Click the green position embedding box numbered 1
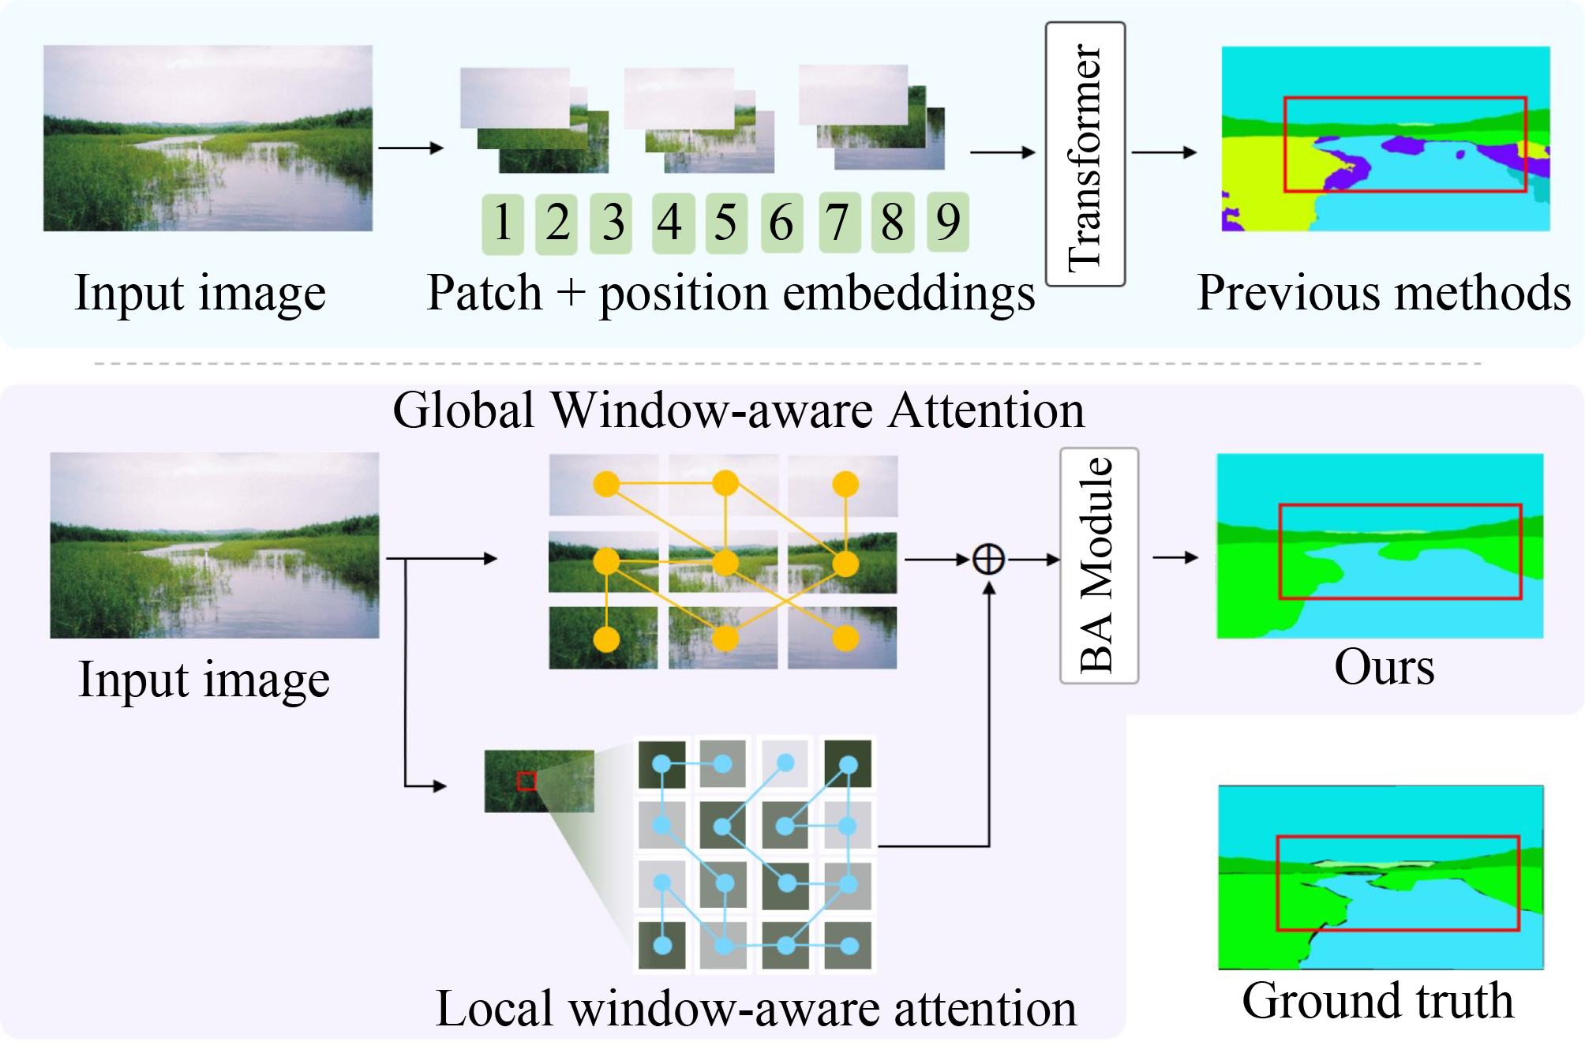pyautogui.click(x=503, y=223)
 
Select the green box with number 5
pyautogui.click(x=725, y=223)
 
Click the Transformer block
pyautogui.click(x=1085, y=154)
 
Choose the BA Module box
pyautogui.click(x=1099, y=565)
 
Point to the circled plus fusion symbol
pyautogui.click(x=988, y=560)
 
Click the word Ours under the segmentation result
pyautogui.click(x=1384, y=667)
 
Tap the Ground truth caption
pyautogui.click(x=1377, y=1001)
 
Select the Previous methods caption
pyautogui.click(x=1384, y=293)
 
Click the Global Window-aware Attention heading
pyautogui.click(x=738, y=410)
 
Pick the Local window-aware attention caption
pyautogui.click(x=756, y=1009)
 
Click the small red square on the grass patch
pyautogui.click(x=526, y=781)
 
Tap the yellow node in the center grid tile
pyautogui.click(x=725, y=563)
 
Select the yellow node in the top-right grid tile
pyautogui.click(x=845, y=484)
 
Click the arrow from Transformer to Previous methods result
pyautogui.click(x=1164, y=152)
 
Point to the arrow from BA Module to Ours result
pyautogui.click(x=1175, y=558)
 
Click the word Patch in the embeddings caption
pyautogui.click(x=484, y=293)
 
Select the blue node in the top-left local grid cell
pyautogui.click(x=661, y=763)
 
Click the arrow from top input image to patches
pyautogui.click(x=410, y=148)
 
